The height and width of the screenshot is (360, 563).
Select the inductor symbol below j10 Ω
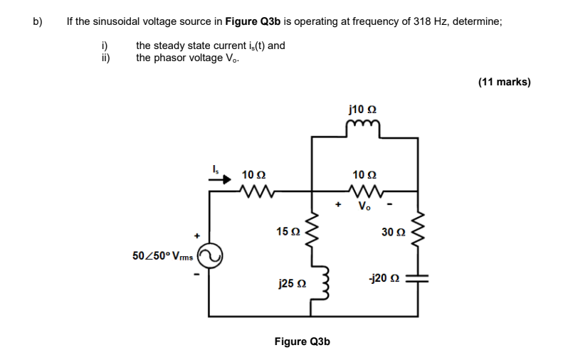click(364, 126)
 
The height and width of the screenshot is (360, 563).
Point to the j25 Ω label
click(288, 284)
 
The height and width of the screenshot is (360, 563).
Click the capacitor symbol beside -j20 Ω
click(417, 280)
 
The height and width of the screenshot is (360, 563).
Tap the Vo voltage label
click(364, 207)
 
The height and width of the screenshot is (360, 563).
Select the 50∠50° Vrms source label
click(163, 255)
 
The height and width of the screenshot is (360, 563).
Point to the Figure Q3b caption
click(302, 342)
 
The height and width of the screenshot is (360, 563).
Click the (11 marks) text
click(504, 82)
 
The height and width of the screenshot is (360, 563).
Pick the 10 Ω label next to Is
click(253, 174)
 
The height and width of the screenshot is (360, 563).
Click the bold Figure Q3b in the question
click(255, 21)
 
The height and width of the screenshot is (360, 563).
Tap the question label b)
click(38, 21)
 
